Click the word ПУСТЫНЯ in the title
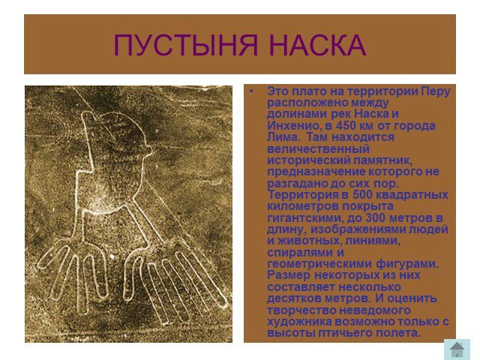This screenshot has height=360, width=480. pos(186,45)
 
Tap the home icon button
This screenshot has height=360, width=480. pos(457,349)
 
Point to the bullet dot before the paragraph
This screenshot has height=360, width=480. pos(252,91)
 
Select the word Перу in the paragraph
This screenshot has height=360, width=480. pos(435,91)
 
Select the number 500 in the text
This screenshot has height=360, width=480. pos(362,195)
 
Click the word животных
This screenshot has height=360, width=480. pos(309,241)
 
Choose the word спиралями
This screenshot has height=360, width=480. pos(300,253)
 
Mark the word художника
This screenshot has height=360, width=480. pos(299,322)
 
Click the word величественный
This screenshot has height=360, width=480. pos(318,148)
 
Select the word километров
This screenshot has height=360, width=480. pos(302,206)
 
